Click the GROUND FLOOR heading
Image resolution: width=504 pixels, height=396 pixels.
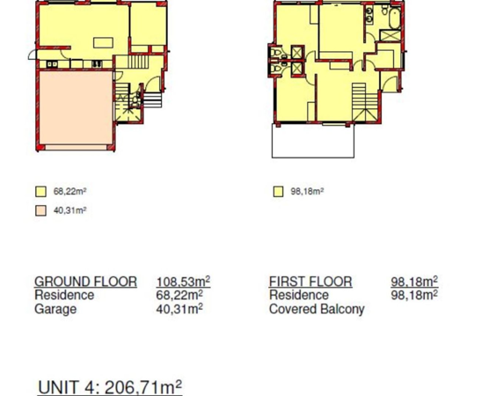(x=85, y=282)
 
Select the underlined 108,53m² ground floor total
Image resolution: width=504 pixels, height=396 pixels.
(x=183, y=282)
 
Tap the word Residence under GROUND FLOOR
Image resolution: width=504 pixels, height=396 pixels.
(x=64, y=295)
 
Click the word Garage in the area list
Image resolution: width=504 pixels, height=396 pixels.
(x=55, y=309)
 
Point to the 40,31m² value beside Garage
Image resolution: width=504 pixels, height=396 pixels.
(x=179, y=309)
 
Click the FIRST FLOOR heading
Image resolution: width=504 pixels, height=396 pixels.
(x=310, y=282)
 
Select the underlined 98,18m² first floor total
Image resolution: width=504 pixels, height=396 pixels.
(x=414, y=282)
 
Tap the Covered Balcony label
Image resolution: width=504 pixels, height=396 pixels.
(x=317, y=309)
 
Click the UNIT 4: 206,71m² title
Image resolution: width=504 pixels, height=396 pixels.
(x=110, y=387)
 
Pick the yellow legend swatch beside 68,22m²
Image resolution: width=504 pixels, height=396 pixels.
(x=40, y=192)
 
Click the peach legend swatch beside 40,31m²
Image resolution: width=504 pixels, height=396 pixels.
(x=40, y=210)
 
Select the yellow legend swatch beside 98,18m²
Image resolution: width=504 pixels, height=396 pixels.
(x=278, y=192)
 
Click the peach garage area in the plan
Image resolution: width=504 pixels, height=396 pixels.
(x=76, y=108)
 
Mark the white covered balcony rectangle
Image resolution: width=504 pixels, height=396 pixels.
(x=313, y=141)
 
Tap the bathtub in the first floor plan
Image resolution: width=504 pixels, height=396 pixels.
(x=395, y=18)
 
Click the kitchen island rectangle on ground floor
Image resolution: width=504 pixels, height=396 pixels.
(x=103, y=43)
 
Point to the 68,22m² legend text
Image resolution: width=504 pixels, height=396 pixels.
(x=70, y=192)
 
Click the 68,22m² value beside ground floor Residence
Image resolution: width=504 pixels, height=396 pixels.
(x=179, y=295)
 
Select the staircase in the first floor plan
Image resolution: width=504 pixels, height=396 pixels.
(x=364, y=102)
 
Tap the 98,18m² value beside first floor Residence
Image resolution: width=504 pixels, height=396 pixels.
(x=414, y=295)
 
